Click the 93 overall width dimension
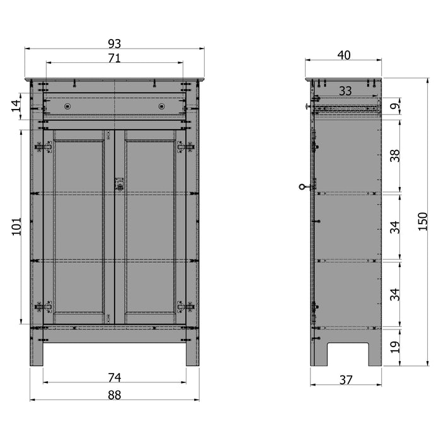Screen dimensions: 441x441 pyautogui.click(x=114, y=43)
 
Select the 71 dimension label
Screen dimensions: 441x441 pyautogui.click(x=114, y=58)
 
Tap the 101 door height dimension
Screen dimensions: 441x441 pyautogui.click(x=17, y=227)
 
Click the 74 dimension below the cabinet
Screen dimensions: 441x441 pyautogui.click(x=114, y=377)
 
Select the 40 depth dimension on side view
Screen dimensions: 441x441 pyautogui.click(x=344, y=55)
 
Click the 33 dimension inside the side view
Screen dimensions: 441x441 pyautogui.click(x=345, y=91)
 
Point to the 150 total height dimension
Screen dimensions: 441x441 pyautogui.click(x=423, y=221)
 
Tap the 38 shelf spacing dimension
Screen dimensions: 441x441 pyautogui.click(x=395, y=156)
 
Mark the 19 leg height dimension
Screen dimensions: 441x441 pyautogui.click(x=395, y=346)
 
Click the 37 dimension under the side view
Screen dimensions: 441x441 pyautogui.click(x=345, y=379)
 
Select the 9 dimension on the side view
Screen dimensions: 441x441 pyautogui.click(x=395, y=107)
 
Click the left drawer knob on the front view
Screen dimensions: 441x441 pyautogui.click(x=67, y=106)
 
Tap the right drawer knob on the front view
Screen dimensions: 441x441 pyautogui.click(x=161, y=106)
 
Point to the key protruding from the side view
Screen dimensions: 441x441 pyautogui.click(x=306, y=186)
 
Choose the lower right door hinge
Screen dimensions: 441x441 pyautogui.click(x=185, y=307)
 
